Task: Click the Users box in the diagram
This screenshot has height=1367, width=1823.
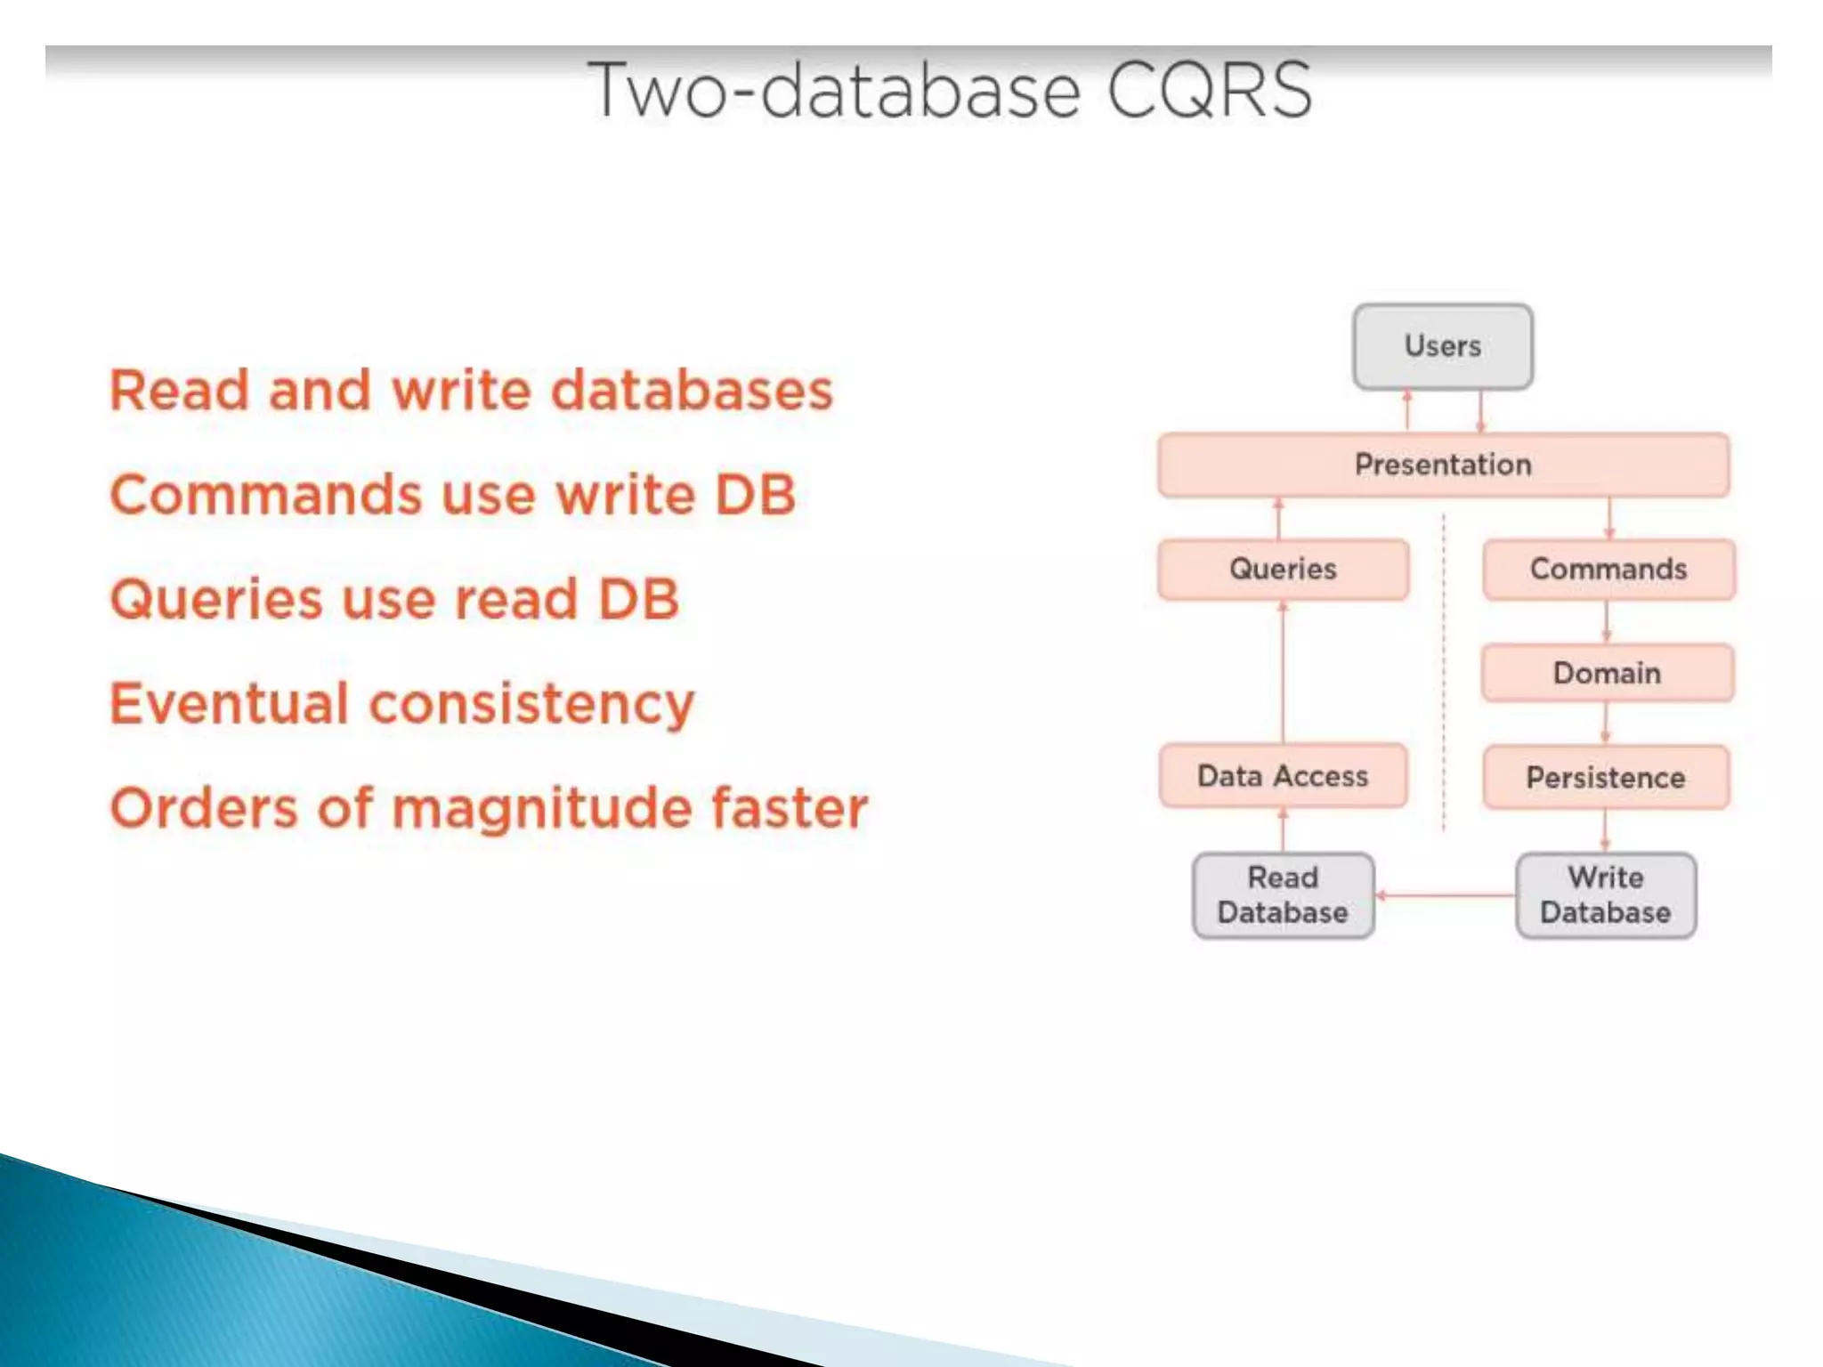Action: [1442, 346]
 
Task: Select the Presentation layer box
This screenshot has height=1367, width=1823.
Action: [1443, 465]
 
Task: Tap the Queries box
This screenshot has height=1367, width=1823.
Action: [1283, 569]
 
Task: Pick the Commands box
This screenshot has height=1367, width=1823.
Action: [1608, 569]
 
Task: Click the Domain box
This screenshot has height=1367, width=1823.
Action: [1607, 673]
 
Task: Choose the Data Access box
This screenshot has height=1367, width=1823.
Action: [1283, 776]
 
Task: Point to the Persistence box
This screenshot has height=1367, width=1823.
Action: [1606, 778]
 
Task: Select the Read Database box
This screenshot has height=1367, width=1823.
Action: [1283, 895]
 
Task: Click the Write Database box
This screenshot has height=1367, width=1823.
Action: [1606, 895]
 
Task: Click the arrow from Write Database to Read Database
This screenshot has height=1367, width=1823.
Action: [1446, 895]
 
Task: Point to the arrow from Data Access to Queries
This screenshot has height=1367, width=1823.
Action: [1283, 672]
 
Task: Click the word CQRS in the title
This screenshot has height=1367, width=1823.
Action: [1209, 90]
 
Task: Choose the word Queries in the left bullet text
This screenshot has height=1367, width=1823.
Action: [216, 599]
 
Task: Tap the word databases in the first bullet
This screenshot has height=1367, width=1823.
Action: [692, 391]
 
